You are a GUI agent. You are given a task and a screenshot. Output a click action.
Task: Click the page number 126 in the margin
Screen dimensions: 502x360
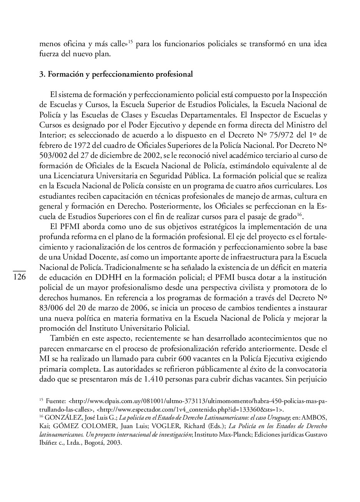(19, 277)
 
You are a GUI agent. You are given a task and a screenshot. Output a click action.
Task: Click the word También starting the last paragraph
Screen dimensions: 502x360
(64, 338)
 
